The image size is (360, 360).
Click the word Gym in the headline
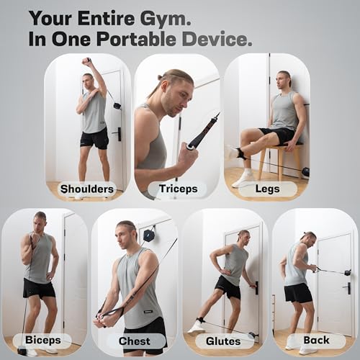[x=166, y=19]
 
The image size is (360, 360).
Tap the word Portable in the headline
[x=136, y=39]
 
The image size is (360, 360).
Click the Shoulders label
[x=87, y=189]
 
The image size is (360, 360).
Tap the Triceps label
[x=178, y=189]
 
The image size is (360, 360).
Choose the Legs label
[x=267, y=189]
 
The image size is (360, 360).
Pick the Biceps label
[x=43, y=341]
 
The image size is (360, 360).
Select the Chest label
[x=135, y=341]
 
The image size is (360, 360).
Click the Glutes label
[x=223, y=341]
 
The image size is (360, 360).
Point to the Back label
[x=316, y=340]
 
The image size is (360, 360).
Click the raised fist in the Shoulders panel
[x=86, y=62]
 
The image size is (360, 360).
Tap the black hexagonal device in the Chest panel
[x=148, y=235]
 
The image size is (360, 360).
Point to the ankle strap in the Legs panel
[x=241, y=154]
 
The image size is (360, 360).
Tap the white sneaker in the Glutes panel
[x=197, y=327]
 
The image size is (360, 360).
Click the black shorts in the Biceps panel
[x=39, y=289]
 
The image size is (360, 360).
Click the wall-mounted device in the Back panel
[x=348, y=273]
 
